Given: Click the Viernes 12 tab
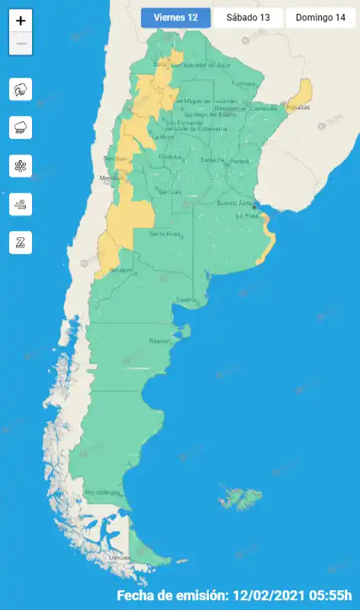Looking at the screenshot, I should pyautogui.click(x=175, y=18).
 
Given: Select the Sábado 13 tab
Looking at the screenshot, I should pyautogui.click(x=248, y=18).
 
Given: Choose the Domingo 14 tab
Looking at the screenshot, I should pyautogui.click(x=320, y=18).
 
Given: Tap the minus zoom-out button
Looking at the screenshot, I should pyautogui.click(x=21, y=44).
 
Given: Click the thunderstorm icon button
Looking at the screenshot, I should pyautogui.click(x=21, y=89).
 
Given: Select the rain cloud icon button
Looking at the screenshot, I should pyautogui.click(x=21, y=127).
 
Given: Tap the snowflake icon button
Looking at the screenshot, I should pyautogui.click(x=21, y=165).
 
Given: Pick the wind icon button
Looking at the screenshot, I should pyautogui.click(x=21, y=204).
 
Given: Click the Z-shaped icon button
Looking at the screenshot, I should pyautogui.click(x=21, y=242).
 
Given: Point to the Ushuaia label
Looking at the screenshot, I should pyautogui.click(x=119, y=558).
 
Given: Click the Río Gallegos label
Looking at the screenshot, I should pyautogui.click(x=102, y=493).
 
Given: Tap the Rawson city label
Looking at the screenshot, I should pyautogui.click(x=160, y=340).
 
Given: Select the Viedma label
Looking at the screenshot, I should pyautogui.click(x=187, y=300).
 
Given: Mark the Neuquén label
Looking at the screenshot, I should pyautogui.click(x=121, y=270).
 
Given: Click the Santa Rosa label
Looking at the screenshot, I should pyautogui.click(x=164, y=233).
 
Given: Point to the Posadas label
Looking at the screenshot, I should pyautogui.click(x=298, y=108).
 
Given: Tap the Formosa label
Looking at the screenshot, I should pyautogui.click(x=243, y=83).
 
